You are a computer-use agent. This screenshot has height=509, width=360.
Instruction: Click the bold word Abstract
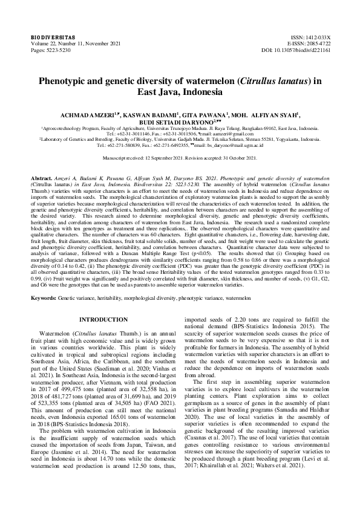(42, 180)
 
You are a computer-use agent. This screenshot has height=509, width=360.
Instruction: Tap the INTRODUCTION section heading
(104, 319)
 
